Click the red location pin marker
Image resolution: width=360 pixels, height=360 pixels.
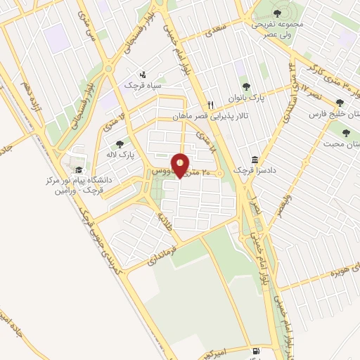coord(181,165)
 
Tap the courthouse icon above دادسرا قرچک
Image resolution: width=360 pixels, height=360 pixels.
coord(255,160)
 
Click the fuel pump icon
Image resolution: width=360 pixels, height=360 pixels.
coord(254,350)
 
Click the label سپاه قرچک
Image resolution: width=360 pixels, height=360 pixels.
coord(139,85)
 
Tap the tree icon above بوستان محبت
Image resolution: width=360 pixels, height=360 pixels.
coord(345,131)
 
